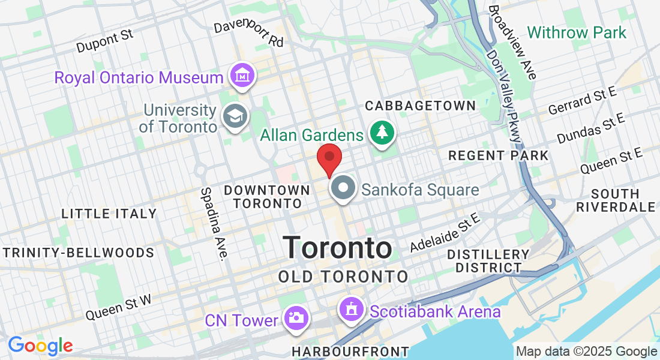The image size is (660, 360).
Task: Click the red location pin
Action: click(x=329, y=157)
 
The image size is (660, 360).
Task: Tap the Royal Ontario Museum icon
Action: click(x=244, y=76)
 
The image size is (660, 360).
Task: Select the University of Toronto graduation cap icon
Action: click(x=233, y=116)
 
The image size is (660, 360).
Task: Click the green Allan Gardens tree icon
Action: click(x=381, y=134)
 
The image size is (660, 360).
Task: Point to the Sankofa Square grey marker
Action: click(x=343, y=189)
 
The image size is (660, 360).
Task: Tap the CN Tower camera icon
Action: click(x=296, y=317)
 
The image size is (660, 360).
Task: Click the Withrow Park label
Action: click(x=577, y=32)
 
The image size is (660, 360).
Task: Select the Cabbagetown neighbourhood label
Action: click(x=420, y=106)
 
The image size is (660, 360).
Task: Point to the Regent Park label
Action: click(x=498, y=155)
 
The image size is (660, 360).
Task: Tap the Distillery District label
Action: click(x=488, y=261)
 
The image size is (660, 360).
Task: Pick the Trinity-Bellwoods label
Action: click(x=77, y=253)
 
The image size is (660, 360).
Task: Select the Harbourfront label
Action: click(x=350, y=351)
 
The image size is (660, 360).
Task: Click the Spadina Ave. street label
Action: click(x=214, y=224)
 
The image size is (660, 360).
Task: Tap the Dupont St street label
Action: click(x=104, y=41)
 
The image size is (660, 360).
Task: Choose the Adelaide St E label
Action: click(x=446, y=233)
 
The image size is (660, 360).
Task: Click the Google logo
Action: click(x=40, y=346)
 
